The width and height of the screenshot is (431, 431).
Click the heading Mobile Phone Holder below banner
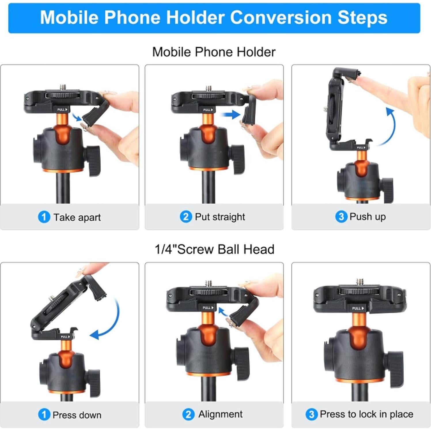pyautogui.click(x=214, y=52)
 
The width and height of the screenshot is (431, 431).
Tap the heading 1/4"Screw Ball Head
pyautogui.click(x=214, y=249)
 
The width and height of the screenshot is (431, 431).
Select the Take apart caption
pyautogui.click(x=77, y=217)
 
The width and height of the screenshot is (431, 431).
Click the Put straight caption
pyautogui.click(x=220, y=217)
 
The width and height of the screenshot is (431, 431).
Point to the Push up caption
pyautogui.click(x=367, y=216)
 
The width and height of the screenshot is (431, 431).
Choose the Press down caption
pyautogui.click(x=77, y=415)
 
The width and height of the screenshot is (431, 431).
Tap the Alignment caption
pyautogui.click(x=220, y=414)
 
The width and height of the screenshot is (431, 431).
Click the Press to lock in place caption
pyautogui.click(x=366, y=414)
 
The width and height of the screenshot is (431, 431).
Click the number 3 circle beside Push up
pyautogui.click(x=341, y=216)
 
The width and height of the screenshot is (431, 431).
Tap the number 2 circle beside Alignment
pyautogui.click(x=188, y=415)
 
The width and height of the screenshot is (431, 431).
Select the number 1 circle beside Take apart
pyautogui.click(x=44, y=217)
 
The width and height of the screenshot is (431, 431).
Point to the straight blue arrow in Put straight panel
pyautogui.click(x=230, y=114)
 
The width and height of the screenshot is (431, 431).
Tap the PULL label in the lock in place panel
pyautogui.click(x=358, y=308)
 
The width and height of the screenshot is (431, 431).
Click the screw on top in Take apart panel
pyautogui.click(x=63, y=88)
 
